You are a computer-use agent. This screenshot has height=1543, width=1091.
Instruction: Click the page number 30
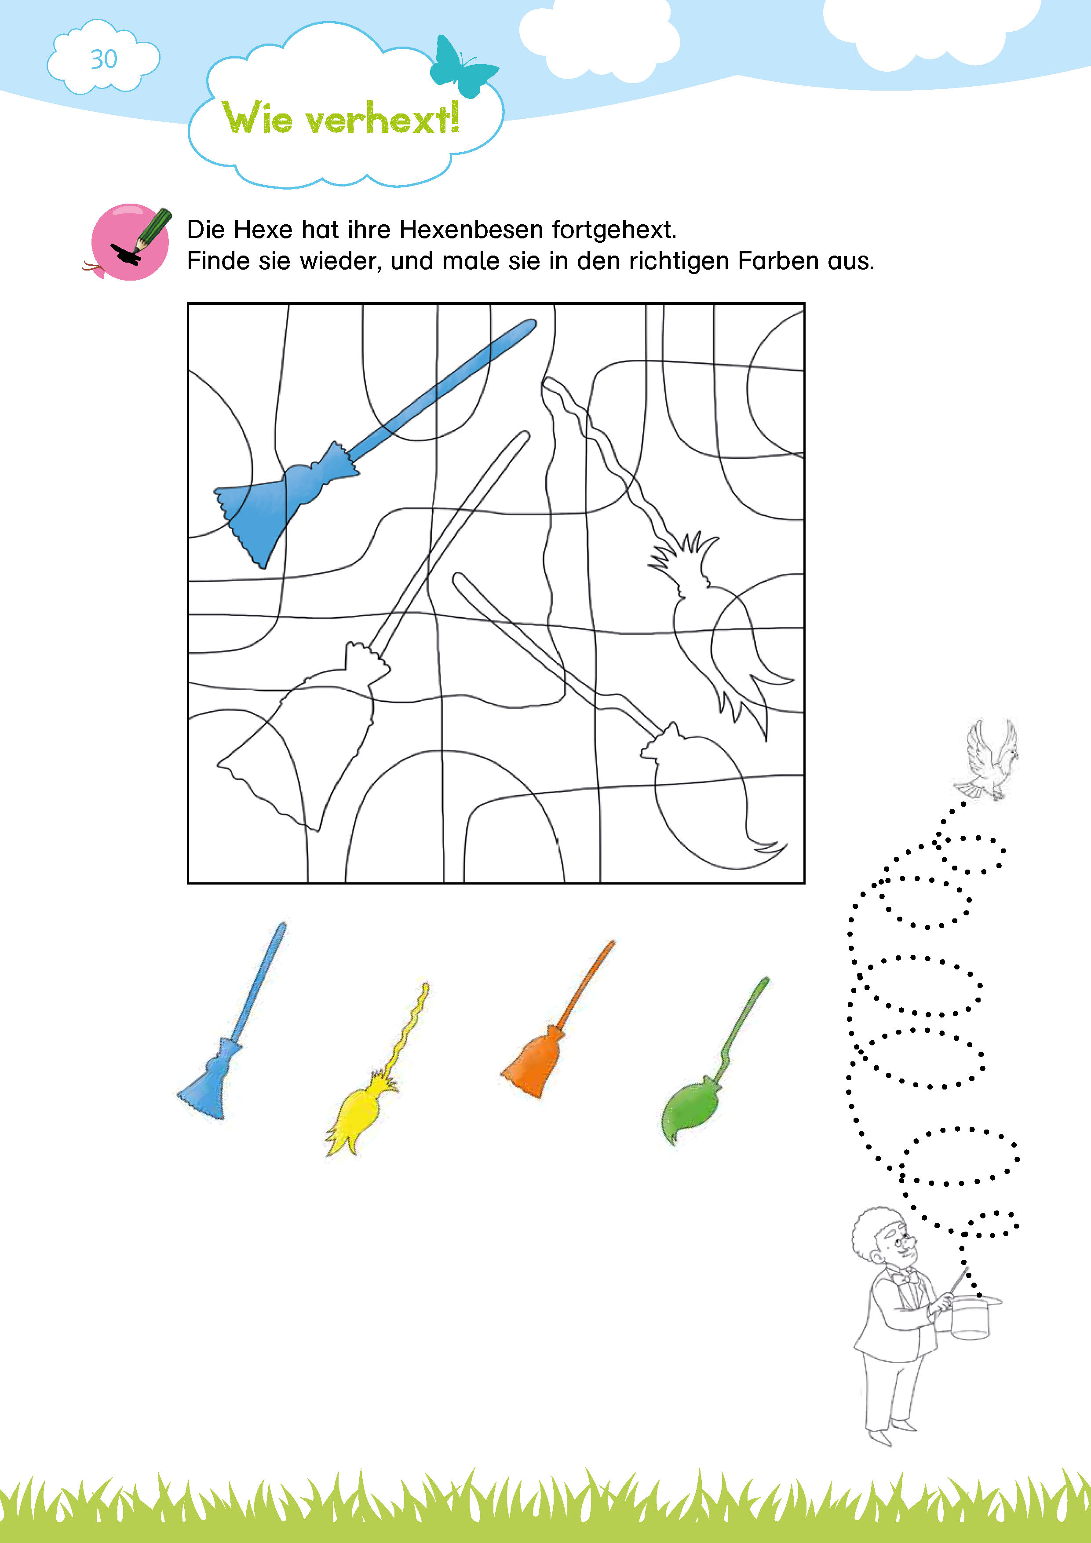[103, 59]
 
